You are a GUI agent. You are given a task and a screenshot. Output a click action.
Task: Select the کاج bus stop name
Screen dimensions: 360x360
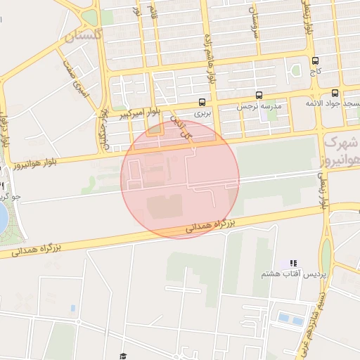point(314,71)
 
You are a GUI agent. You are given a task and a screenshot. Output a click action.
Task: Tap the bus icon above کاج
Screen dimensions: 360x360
point(314,60)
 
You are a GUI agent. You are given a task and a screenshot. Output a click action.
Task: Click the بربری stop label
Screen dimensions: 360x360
point(202,113)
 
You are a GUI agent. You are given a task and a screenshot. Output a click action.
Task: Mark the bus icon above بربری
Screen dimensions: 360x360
point(202,102)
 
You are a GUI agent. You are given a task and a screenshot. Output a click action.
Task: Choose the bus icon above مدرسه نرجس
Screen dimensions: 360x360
point(259,95)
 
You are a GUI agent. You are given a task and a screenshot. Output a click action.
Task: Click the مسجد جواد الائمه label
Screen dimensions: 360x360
point(333,104)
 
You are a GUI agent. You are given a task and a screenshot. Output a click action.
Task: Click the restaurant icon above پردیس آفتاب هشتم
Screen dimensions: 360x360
point(293,264)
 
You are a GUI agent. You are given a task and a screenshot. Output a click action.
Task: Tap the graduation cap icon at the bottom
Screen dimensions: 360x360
point(123,356)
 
